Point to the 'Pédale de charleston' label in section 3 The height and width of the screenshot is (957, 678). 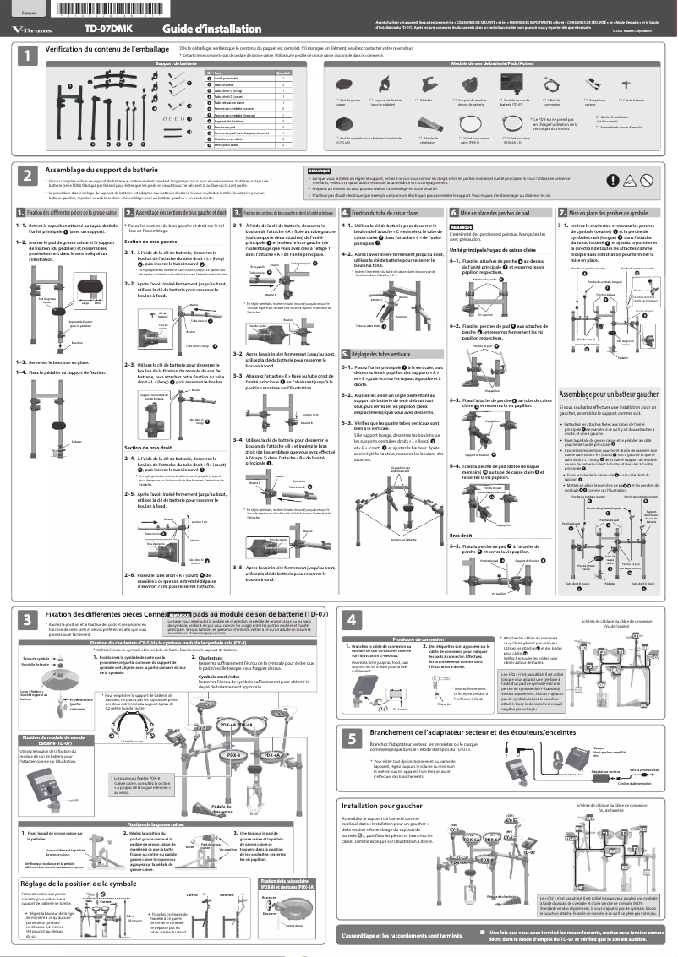(222, 809)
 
